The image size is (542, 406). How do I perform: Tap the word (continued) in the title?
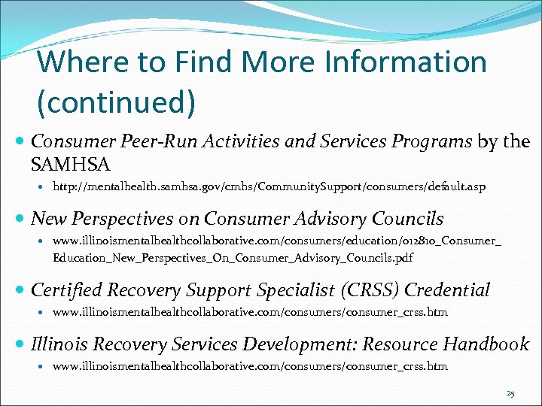117,101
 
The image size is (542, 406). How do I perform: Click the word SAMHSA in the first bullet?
71,163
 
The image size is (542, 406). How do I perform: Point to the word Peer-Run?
151,142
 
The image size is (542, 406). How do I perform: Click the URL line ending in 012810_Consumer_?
277,241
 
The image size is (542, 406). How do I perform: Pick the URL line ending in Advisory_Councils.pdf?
233,258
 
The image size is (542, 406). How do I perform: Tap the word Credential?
447,289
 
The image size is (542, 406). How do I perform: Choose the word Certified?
69,289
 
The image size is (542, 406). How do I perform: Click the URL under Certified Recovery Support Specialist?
250,312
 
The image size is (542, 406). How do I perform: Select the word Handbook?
486,344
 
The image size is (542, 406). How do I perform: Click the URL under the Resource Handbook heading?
250,367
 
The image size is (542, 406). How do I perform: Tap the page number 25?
511,393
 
